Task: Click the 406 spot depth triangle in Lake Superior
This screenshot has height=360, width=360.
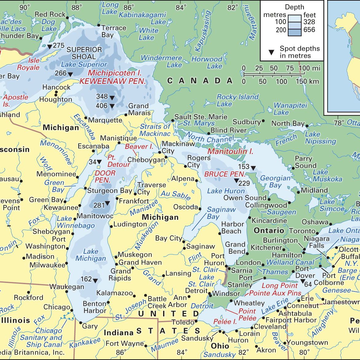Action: (112, 106)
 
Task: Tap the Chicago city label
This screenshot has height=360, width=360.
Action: (57, 307)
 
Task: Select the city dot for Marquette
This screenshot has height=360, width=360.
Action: (86, 118)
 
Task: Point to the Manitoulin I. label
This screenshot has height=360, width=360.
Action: (230, 151)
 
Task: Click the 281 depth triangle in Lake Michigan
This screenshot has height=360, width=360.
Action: (107, 203)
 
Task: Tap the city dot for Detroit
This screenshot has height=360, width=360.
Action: (209, 294)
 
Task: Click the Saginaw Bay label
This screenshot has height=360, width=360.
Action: (221, 213)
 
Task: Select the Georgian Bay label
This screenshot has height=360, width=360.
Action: (275, 182)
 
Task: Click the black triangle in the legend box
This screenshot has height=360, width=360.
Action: (271, 53)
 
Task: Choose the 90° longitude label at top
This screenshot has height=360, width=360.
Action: (25, 7)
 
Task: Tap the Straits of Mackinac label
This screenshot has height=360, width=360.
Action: (155, 130)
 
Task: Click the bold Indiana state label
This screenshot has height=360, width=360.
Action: (119, 333)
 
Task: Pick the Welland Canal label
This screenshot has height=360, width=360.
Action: (290, 262)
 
